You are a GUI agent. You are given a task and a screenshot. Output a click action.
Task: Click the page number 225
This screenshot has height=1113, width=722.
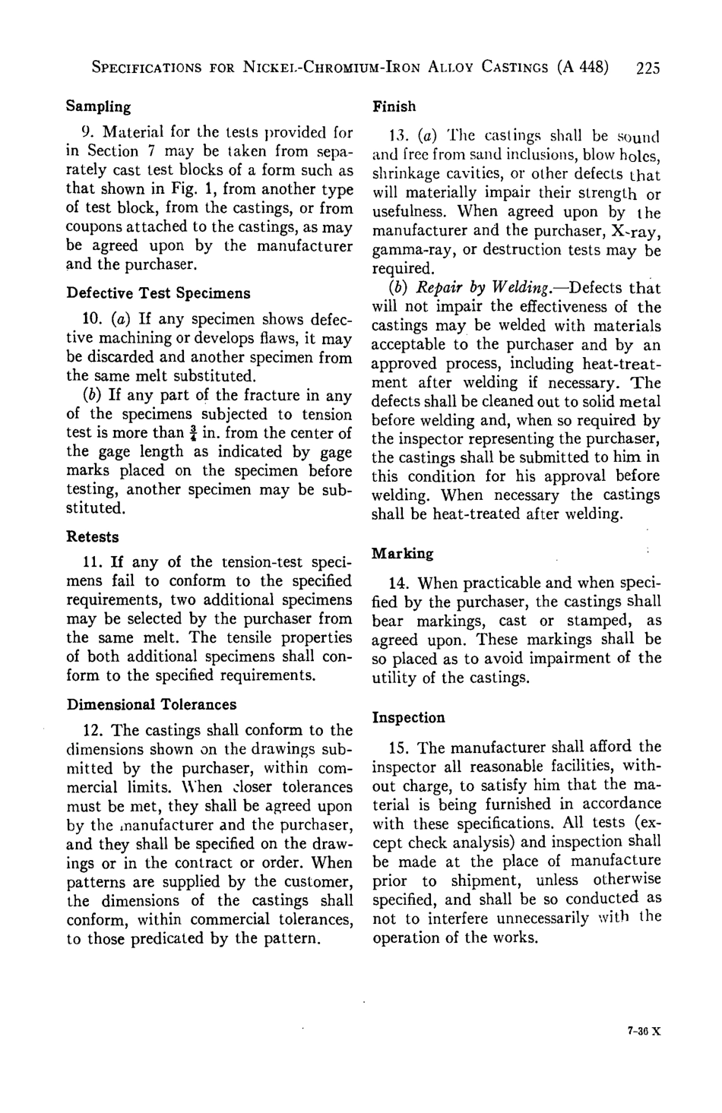pos(648,67)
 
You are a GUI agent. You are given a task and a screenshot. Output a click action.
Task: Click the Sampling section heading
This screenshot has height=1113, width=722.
pos(99,106)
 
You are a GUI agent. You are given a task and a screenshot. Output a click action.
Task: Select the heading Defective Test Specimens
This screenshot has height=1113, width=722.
pos(159,292)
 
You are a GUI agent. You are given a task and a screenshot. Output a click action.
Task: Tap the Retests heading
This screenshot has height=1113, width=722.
pos(93,536)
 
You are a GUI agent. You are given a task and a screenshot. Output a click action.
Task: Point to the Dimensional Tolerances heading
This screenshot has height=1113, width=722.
pos(152,704)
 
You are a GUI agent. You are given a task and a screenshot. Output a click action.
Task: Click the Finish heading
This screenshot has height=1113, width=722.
pos(394,106)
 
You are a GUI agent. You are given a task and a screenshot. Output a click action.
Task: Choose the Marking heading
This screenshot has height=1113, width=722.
pos(403,553)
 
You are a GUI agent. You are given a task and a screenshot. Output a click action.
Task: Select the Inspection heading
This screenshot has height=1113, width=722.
pos(409,717)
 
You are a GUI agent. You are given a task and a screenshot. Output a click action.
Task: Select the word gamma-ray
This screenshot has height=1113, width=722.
pos(411,251)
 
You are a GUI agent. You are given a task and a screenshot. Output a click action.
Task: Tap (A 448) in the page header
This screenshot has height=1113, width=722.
pos(583,67)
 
